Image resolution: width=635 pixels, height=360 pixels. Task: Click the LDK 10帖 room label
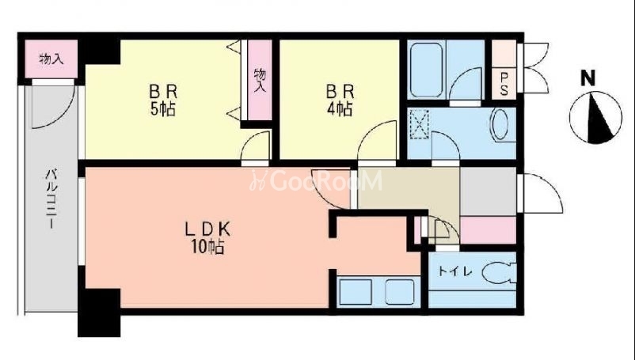coord(207,238)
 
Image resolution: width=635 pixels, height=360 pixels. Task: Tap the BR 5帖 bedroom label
coord(163,100)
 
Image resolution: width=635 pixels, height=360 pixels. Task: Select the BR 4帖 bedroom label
coord(340,100)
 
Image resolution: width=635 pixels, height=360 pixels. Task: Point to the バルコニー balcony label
coord(51,199)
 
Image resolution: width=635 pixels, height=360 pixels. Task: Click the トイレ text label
coord(455,271)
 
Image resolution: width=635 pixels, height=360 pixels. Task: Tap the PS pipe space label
coord(504,84)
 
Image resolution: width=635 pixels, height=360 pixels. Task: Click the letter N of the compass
coord(588,78)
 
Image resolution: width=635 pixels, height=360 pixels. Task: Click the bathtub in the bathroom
coord(426,69)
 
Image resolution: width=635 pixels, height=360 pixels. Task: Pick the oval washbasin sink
coord(500,124)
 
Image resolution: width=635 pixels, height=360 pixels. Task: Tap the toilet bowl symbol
coord(500,274)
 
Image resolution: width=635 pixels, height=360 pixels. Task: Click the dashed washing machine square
coord(419,124)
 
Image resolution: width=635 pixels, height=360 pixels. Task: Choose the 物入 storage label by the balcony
coord(51,59)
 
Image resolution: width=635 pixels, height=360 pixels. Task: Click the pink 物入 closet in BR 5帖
coord(260,80)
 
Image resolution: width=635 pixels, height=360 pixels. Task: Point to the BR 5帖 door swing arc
coord(254,146)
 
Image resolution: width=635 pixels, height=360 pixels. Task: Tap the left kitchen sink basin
coord(356,292)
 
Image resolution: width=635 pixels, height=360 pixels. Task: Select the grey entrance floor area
coord(488,191)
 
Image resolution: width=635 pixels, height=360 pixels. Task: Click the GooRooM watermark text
coord(316,181)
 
